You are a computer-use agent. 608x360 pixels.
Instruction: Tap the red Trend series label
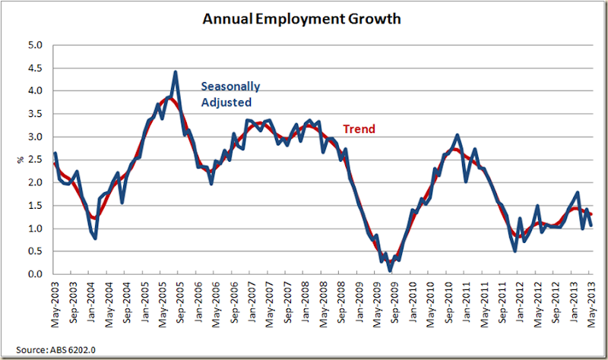(359, 129)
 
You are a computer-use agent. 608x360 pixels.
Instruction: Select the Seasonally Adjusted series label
(226, 93)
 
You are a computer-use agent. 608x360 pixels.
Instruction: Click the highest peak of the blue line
(176, 72)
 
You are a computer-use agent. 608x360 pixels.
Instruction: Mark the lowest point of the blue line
(390, 270)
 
